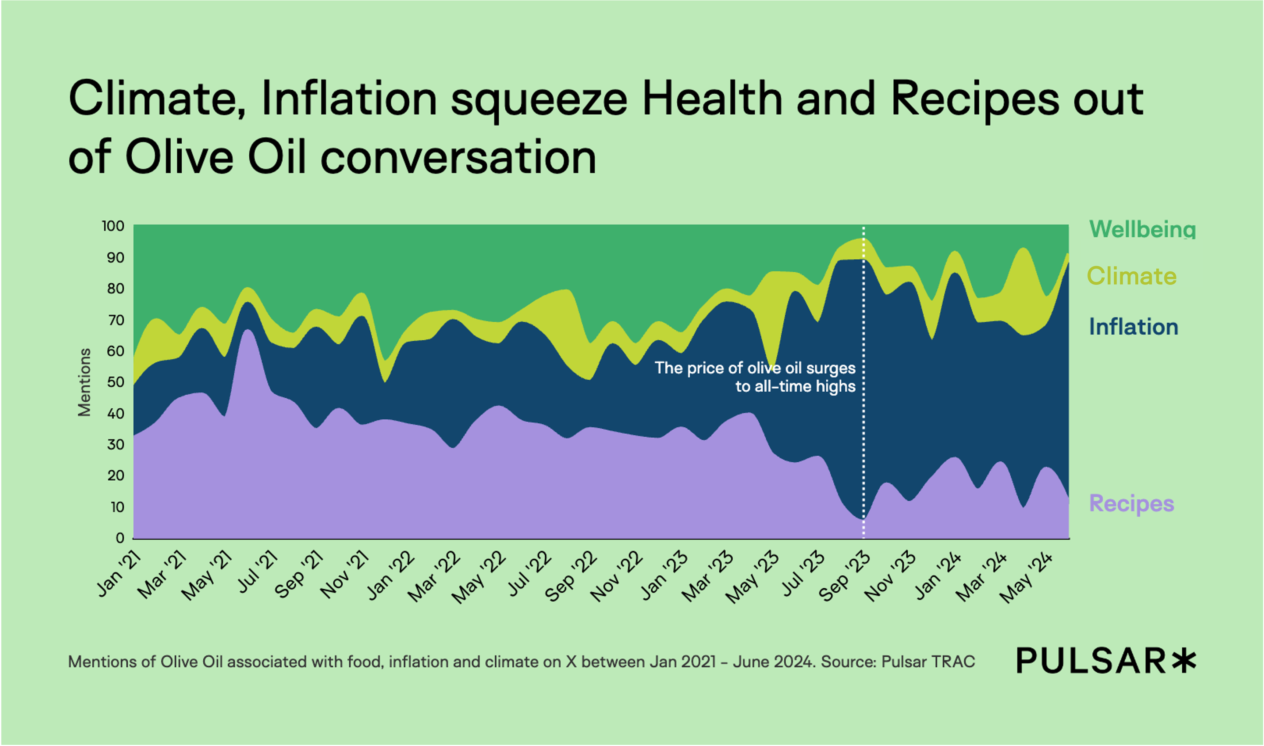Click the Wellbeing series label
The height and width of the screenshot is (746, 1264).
[x=1142, y=229]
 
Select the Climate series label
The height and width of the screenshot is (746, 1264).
[x=1132, y=276]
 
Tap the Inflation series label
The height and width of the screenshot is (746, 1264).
[x=1133, y=327]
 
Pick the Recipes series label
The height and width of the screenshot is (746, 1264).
[x=1131, y=503]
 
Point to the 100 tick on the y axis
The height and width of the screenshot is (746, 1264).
[x=113, y=226]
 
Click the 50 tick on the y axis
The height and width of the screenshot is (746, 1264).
[x=116, y=382]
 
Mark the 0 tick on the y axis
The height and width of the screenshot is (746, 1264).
[x=120, y=538]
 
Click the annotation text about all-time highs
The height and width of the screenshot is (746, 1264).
[x=755, y=377]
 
